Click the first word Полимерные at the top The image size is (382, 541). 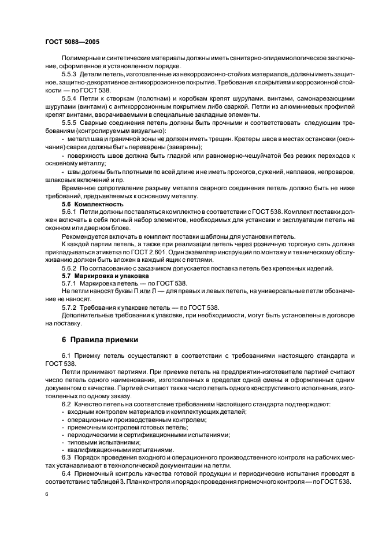click(x=80, y=58)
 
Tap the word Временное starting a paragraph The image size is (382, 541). click(x=79, y=188)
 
